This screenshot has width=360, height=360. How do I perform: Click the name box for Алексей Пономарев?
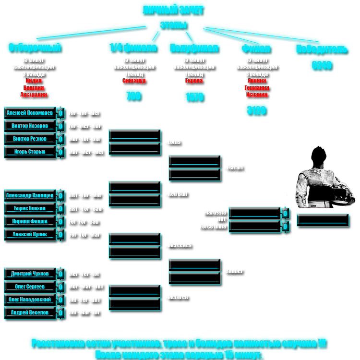pos(30,113)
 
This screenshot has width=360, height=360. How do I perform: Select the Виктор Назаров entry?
pos(30,126)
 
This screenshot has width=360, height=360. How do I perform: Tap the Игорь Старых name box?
pos(30,152)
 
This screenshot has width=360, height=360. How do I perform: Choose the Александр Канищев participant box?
pos(30,195)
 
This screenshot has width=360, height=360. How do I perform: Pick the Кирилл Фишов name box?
pos(30,221)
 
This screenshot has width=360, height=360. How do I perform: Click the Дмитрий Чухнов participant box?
pos(30,274)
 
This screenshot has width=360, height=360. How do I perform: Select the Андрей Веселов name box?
pos(30,312)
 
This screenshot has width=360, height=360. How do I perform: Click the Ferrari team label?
pos(235,168)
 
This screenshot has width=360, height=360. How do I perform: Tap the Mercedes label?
pos(180,245)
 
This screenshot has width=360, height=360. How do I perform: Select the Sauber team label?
pos(234,272)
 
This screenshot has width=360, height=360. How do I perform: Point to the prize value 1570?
pos(194,98)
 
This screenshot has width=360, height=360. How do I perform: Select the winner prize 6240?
pos(321,66)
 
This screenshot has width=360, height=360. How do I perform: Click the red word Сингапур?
pos(133,81)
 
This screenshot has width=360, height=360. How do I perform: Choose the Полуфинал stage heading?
pos(194,49)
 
